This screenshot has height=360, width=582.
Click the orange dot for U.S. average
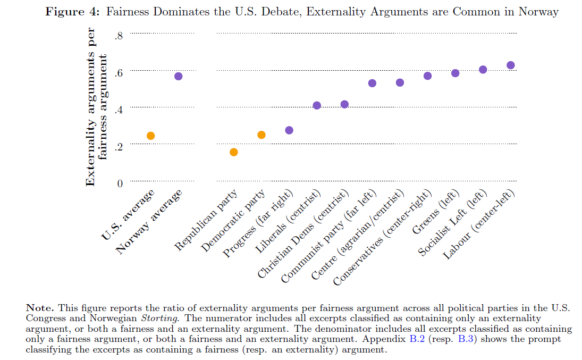(x=150, y=136)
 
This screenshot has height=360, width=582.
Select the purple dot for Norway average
(x=178, y=76)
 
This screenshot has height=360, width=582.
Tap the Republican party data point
(x=233, y=152)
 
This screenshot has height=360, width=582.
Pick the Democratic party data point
(x=261, y=135)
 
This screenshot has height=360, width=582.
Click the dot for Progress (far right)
(x=289, y=130)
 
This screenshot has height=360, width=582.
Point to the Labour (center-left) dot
(x=511, y=65)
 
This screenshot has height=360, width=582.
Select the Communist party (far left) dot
(x=372, y=83)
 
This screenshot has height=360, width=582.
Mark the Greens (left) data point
(x=455, y=73)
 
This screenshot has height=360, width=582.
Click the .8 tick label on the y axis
(x=118, y=36)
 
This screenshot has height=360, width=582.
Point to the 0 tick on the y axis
(x=120, y=183)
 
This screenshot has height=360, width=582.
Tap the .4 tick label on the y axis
(x=118, y=110)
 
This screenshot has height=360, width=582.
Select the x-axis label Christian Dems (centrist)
(x=303, y=235)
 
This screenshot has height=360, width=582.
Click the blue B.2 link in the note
(x=417, y=339)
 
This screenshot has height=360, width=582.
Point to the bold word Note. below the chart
(x=40, y=307)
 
